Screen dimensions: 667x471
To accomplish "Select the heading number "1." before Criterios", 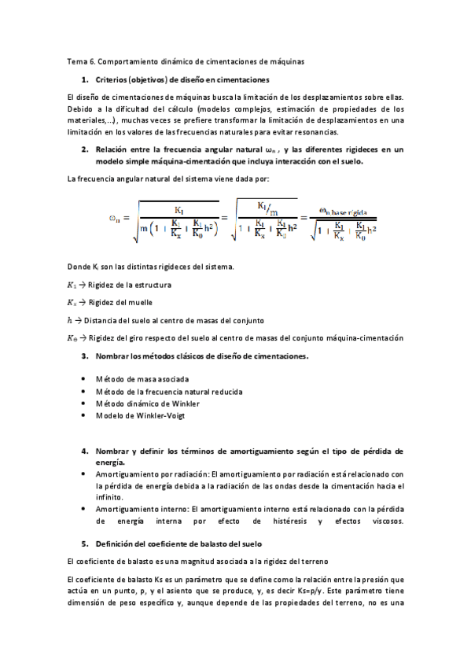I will click(85, 80).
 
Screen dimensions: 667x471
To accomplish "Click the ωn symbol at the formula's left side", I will click(115, 219).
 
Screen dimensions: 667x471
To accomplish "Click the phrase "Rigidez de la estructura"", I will click(129, 285).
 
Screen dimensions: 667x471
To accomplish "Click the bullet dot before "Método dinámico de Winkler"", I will click(84, 404).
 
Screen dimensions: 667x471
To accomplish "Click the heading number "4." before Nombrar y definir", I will click(85, 451).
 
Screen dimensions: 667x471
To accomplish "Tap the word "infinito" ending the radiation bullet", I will click(109, 497).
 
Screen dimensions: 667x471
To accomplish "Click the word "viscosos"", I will click(385, 521).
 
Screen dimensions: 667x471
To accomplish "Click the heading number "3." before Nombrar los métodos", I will click(85, 356).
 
